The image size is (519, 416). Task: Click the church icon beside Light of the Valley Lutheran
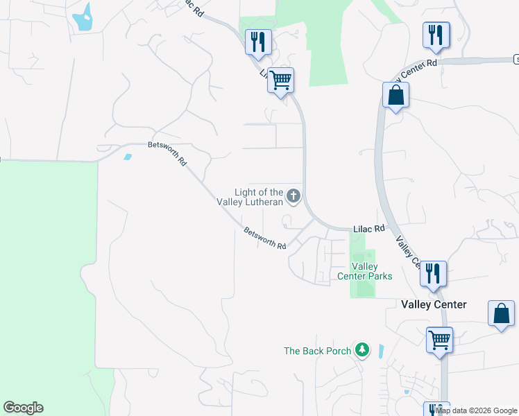pos(293,196)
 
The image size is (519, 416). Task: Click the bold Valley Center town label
pos(434,304)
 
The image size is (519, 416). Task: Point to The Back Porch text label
pos(317,351)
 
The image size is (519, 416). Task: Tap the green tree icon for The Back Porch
pos(361,349)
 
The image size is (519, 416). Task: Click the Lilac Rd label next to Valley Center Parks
pos(368,228)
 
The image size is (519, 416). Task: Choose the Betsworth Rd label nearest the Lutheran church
pos(265,239)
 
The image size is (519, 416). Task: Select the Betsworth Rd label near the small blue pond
pos(168,153)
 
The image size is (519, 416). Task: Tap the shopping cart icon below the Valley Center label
pos(439,340)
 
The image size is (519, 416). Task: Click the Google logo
pos(23,408)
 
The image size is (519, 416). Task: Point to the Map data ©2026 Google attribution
pos(477,410)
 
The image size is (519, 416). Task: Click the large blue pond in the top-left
pos(84,18)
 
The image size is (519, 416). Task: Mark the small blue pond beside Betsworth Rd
pos(127,156)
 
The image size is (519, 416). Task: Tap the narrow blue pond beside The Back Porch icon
pos(380,350)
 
